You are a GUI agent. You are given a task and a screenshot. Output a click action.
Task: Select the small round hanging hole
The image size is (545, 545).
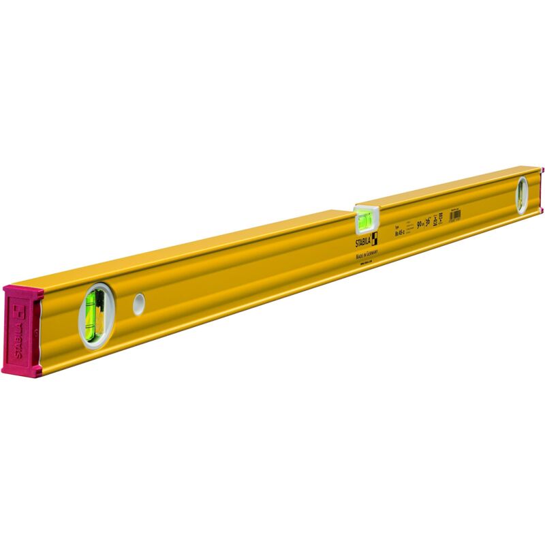pos(139,303)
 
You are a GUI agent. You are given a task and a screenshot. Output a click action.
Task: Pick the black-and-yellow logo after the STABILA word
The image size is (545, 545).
pos(374,236)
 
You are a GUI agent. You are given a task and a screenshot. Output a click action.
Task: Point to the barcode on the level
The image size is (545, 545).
pos(455,214)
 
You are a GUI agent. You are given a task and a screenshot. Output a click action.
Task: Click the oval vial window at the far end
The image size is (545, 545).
pos(522,195)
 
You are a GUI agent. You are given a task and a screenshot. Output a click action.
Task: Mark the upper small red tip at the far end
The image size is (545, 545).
pos(542,170)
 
